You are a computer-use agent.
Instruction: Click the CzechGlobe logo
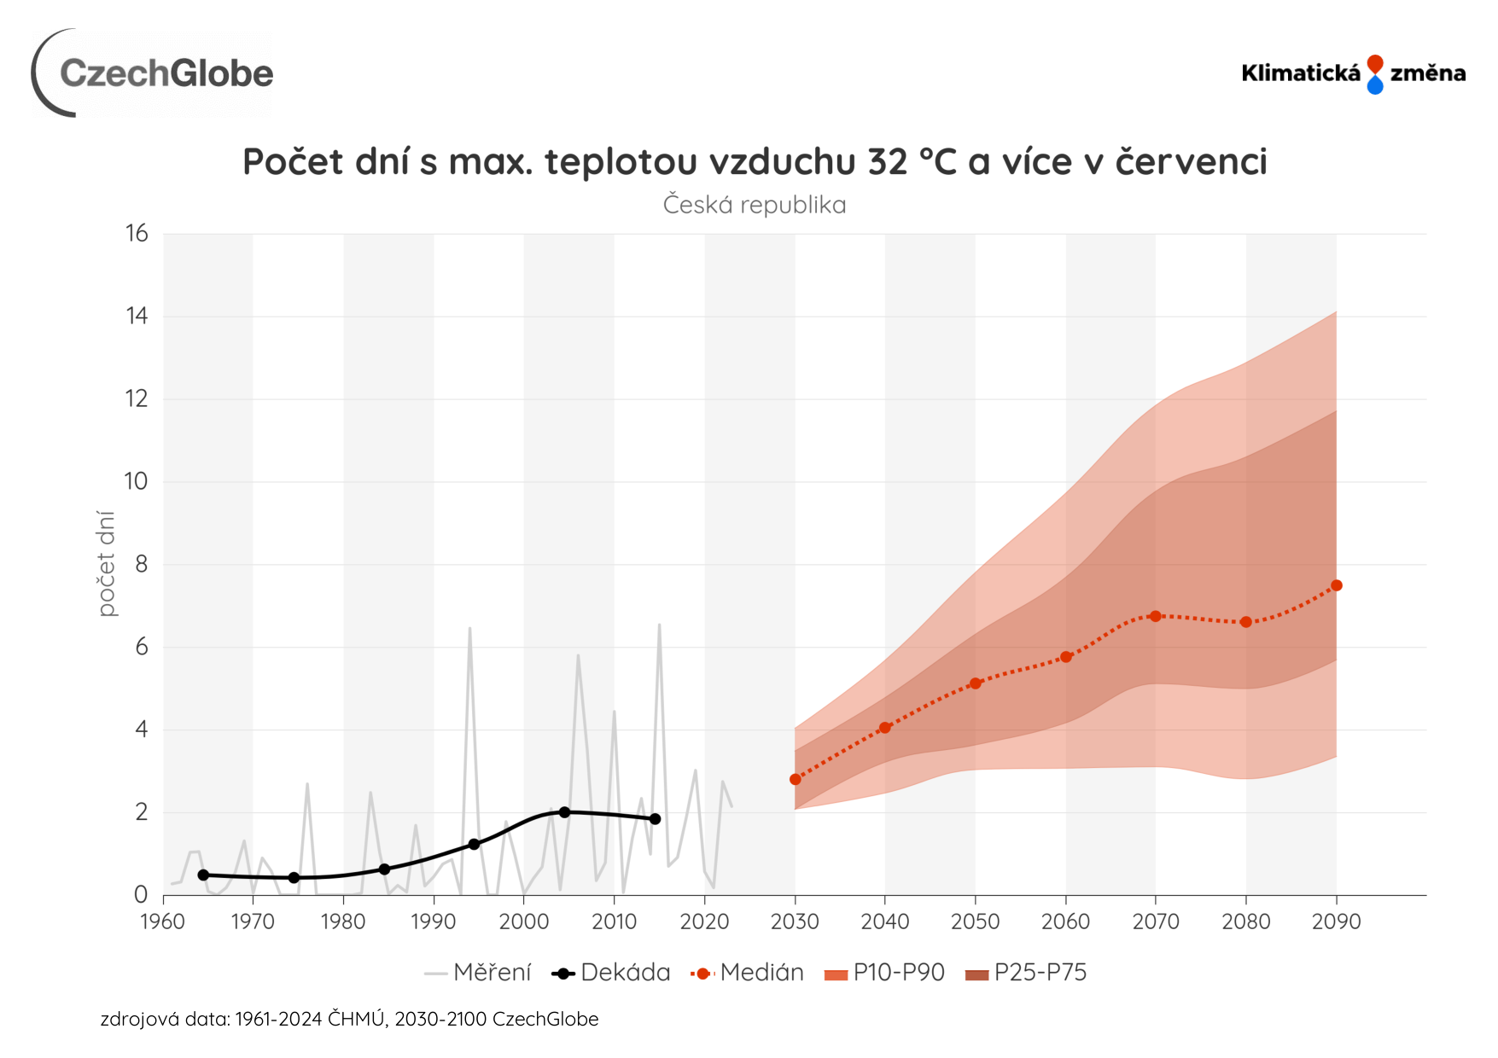point(154,73)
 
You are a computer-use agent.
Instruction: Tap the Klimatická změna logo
point(1353,73)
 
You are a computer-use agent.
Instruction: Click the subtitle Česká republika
point(755,206)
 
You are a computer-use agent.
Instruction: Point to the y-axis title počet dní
point(106,563)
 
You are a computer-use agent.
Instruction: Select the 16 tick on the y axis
point(137,234)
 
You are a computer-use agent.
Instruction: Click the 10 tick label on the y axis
point(137,481)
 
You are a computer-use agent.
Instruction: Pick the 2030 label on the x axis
point(795,921)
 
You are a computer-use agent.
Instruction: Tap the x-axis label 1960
point(162,921)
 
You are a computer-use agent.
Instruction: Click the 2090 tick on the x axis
point(1336,921)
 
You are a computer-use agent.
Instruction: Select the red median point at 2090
point(1337,585)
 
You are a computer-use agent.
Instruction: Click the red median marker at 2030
point(796,779)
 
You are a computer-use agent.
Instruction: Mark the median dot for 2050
point(976,683)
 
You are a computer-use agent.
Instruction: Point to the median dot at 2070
point(1156,616)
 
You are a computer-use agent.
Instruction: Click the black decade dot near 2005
point(564,812)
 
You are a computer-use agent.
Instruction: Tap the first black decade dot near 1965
point(203,875)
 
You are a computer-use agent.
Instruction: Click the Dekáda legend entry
point(611,973)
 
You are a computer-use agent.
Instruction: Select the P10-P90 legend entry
point(885,973)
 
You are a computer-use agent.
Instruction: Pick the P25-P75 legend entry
point(1026,973)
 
